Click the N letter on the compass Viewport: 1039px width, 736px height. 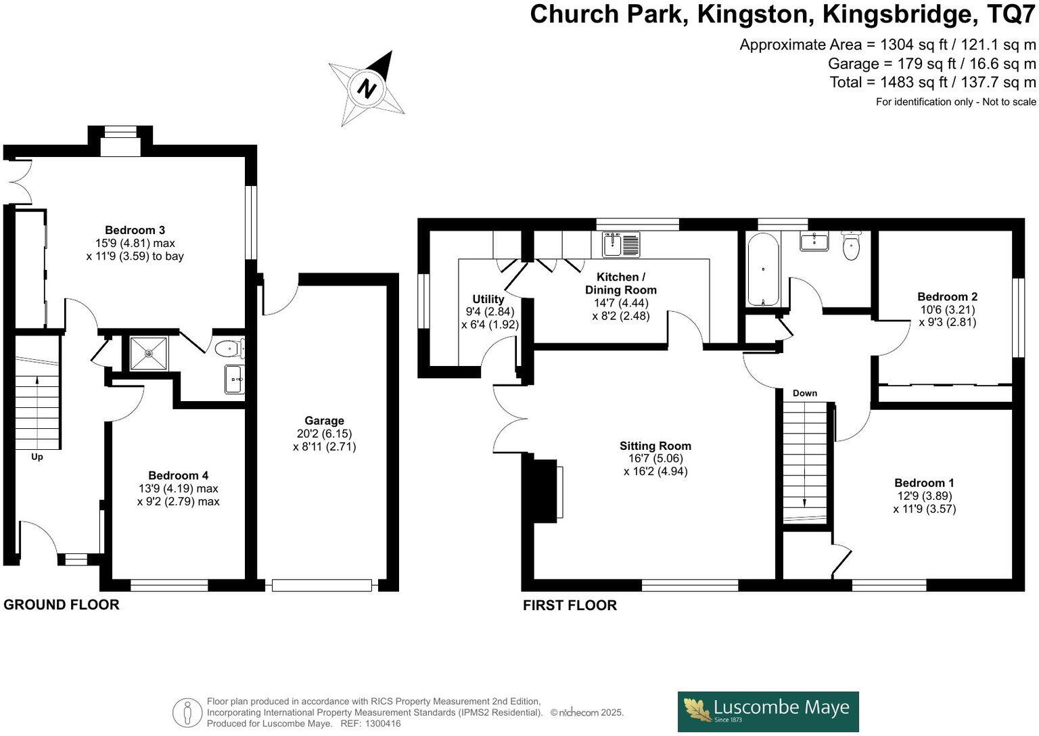[x=367, y=89]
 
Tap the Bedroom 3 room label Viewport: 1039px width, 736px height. [x=135, y=230]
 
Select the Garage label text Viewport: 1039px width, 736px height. [x=324, y=421]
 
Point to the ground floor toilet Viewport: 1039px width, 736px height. [x=229, y=349]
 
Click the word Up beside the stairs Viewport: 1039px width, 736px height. [x=37, y=457]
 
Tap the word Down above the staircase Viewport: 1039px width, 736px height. [x=804, y=393]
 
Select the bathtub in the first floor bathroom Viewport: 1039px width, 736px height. [x=763, y=270]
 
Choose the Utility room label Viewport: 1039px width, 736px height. [x=488, y=299]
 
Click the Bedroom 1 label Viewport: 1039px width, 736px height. [x=924, y=483]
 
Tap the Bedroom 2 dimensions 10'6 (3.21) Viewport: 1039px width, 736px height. [x=947, y=310]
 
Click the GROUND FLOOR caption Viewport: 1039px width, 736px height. [x=62, y=605]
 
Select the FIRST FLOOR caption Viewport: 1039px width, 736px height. [x=570, y=605]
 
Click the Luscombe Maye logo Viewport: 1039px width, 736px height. [x=768, y=711]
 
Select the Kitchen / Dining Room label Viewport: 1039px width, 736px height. [x=620, y=283]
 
